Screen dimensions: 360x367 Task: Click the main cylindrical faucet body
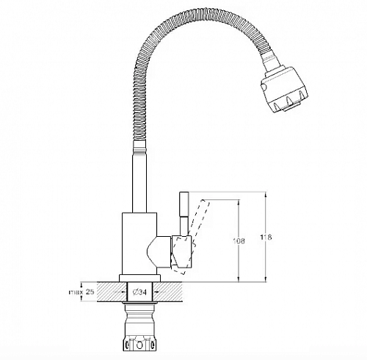[138, 242]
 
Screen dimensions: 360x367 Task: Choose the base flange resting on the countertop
[139, 279]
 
